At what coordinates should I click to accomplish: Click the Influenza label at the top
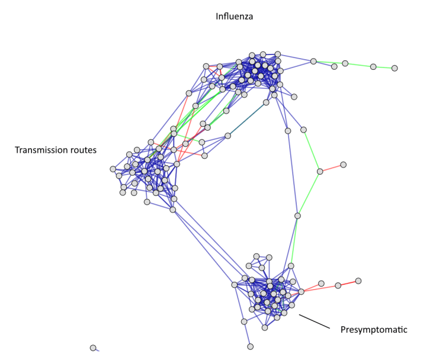tap(234, 17)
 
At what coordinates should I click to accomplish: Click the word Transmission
tap(39, 150)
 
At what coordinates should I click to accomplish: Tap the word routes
tap(81, 150)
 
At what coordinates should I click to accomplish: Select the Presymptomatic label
tap(374, 329)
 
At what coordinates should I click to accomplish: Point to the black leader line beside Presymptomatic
tap(314, 322)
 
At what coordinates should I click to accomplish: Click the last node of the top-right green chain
tap(395, 68)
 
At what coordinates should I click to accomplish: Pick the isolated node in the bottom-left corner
tap(93, 348)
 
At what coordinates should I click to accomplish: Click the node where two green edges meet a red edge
tap(320, 172)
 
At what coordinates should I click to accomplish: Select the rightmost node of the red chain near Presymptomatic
tap(358, 281)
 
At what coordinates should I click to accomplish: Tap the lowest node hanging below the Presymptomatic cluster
tap(251, 346)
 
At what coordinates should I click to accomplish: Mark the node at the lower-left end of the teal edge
tap(227, 136)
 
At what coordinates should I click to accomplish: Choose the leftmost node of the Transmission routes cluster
tap(113, 169)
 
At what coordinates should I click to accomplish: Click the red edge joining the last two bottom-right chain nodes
tap(348, 283)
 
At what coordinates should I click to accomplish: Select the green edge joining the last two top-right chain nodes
tap(384, 67)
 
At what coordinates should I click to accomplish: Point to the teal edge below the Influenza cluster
tap(247, 119)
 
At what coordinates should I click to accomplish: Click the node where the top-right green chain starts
tap(313, 61)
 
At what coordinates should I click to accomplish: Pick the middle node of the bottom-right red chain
tap(338, 285)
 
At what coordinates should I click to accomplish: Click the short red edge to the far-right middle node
tap(332, 168)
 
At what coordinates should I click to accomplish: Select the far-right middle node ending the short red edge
tap(343, 165)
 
